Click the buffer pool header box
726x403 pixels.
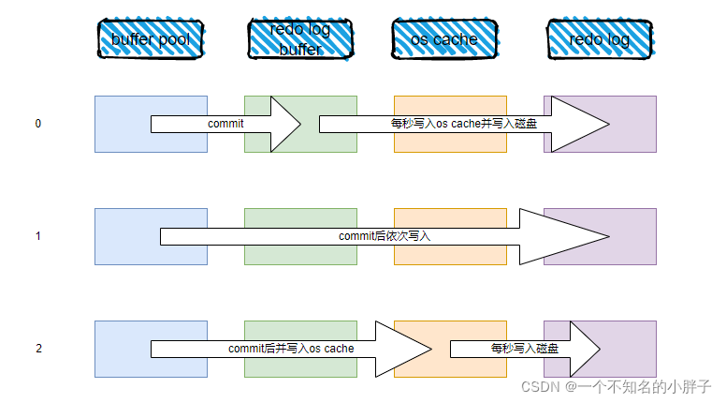tap(151, 38)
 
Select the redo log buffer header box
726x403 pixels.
tap(300, 38)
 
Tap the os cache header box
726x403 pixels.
tap(443, 38)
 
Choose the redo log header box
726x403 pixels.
tap(599, 38)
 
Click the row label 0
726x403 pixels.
tap(37, 124)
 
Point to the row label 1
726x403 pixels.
tap(37, 236)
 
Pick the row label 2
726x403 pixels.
tap(38, 349)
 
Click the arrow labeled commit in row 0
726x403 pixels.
tap(225, 124)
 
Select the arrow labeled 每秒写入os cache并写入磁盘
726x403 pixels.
tap(463, 124)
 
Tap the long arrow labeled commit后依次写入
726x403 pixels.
tap(384, 236)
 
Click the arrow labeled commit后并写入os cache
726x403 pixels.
tap(290, 349)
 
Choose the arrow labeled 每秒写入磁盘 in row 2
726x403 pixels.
tap(524, 349)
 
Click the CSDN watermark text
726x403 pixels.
tap(617, 385)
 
